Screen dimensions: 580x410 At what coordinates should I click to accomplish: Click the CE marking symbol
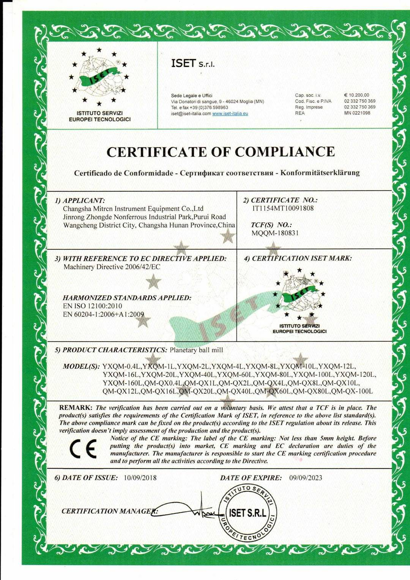point(83,449)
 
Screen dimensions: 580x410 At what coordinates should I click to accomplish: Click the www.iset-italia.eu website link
point(230,114)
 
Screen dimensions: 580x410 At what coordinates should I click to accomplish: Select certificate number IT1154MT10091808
point(283,208)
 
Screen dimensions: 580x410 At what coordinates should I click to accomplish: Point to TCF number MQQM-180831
point(275,233)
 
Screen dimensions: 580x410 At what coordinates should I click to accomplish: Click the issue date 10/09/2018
point(140,478)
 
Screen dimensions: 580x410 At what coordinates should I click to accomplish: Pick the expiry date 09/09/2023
point(306,478)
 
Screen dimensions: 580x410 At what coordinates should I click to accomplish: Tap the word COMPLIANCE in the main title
point(285,152)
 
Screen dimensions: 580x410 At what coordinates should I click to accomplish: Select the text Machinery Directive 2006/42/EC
point(112,267)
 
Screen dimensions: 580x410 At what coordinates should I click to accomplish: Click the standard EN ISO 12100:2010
point(93,306)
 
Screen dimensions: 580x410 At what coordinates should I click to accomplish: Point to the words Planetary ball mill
point(196,350)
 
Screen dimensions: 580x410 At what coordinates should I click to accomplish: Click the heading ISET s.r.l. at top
point(193,63)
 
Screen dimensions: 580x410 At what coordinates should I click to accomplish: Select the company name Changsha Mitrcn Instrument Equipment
point(133,209)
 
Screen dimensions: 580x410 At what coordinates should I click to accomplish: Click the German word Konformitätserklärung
point(320,173)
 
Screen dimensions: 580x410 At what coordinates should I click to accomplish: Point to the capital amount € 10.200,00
point(356,95)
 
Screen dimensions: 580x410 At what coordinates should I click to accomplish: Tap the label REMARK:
point(76,407)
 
